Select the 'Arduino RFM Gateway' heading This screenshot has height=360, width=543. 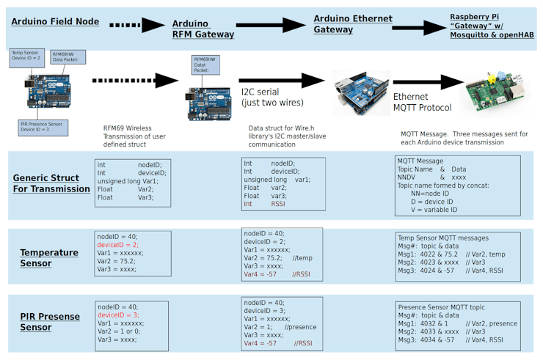coord(203,29)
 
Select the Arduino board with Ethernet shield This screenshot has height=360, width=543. coord(361,93)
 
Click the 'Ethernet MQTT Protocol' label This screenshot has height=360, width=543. coord(422,102)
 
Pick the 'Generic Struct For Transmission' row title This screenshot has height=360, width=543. coord(51,183)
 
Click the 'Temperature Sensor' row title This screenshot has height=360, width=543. coord(49,257)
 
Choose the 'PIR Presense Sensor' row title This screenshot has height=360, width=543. coord(45,322)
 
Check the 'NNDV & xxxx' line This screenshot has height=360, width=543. coord(431,177)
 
